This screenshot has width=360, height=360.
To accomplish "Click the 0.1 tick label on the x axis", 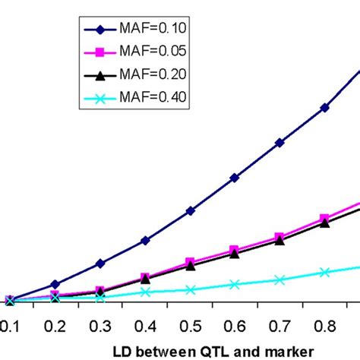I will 8,324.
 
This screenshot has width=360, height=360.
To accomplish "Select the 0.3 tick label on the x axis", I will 99,324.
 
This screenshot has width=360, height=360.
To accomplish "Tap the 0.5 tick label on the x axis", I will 190,324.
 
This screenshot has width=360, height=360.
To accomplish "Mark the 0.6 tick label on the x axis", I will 235,324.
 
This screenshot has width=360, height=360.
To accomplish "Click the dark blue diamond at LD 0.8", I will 325,108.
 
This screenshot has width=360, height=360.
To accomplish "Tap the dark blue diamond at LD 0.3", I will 99,264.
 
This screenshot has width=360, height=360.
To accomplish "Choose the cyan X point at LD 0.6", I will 235,285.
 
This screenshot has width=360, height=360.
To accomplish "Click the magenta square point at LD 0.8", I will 325,217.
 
